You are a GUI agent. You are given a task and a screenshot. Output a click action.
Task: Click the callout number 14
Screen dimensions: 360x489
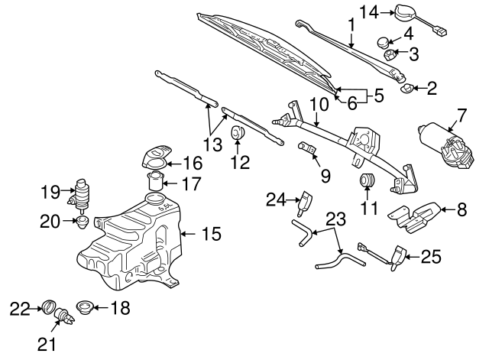[x=369, y=11]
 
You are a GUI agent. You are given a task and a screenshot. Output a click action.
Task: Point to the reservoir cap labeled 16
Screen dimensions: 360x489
[x=155, y=159]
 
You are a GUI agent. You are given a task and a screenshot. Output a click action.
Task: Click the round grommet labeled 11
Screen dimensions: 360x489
[x=368, y=182]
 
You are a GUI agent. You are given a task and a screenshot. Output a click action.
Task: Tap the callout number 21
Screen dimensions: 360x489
[x=47, y=345]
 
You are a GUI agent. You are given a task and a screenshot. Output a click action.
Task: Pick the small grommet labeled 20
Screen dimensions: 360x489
[x=82, y=222]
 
